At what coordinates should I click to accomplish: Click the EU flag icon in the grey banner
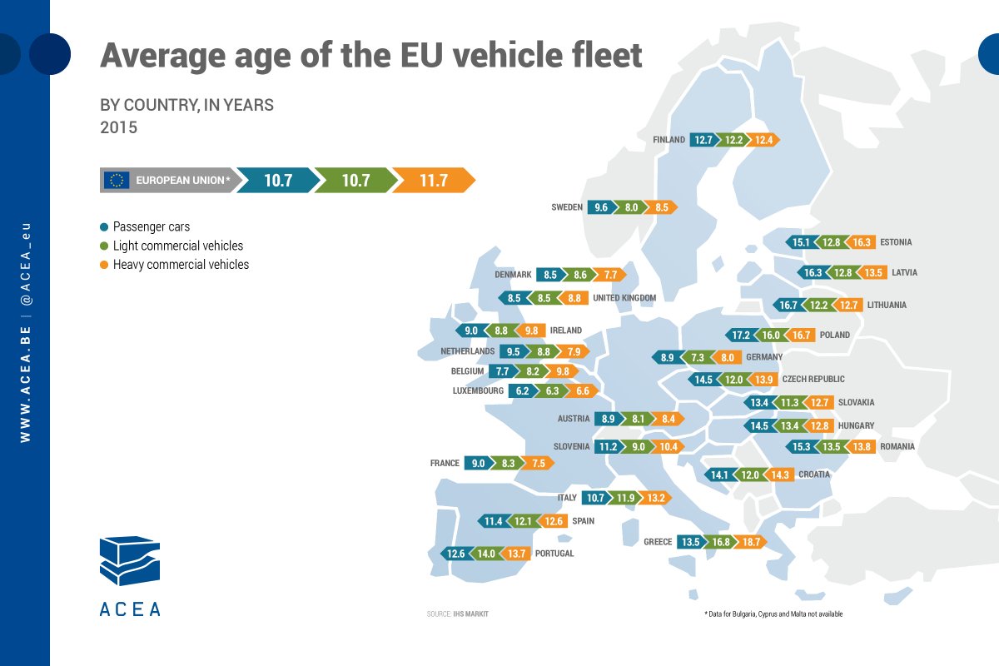pyautogui.click(x=116, y=180)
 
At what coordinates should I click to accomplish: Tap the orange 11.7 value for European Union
pyautogui.click(x=433, y=180)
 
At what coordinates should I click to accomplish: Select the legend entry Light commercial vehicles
pyautogui.click(x=177, y=246)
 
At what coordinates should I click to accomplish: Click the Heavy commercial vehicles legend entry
pyautogui.click(x=180, y=265)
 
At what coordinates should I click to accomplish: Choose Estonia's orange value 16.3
pyautogui.click(x=862, y=242)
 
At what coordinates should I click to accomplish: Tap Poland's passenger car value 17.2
pyautogui.click(x=740, y=335)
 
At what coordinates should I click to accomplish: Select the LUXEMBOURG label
pyautogui.click(x=478, y=390)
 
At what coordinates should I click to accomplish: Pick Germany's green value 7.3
pyautogui.click(x=698, y=357)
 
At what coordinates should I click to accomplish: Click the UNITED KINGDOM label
pyautogui.click(x=624, y=298)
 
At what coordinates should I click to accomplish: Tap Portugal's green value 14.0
pyautogui.click(x=485, y=554)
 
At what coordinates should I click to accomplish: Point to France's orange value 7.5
pyautogui.click(x=537, y=463)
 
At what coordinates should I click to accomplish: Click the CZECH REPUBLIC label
pyautogui.click(x=813, y=380)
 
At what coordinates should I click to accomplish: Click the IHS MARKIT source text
pyautogui.click(x=470, y=614)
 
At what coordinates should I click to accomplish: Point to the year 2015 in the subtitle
pyautogui.click(x=118, y=128)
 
